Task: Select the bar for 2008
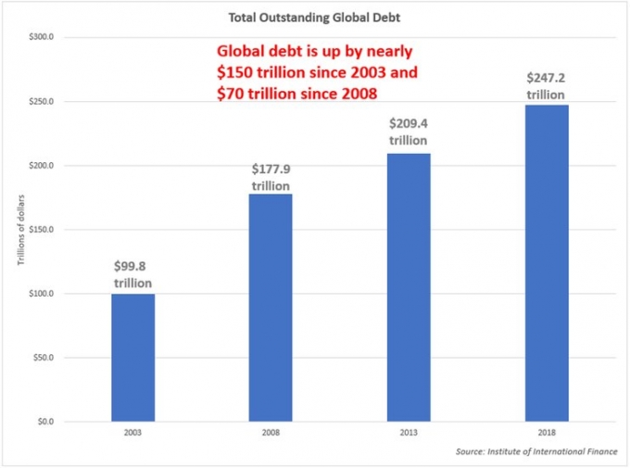tap(271, 307)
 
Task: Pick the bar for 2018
tap(547, 262)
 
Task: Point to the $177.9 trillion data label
tap(271, 177)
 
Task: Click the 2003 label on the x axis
tap(132, 433)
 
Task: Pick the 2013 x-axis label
tap(409, 433)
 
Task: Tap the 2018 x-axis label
tap(547, 433)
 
